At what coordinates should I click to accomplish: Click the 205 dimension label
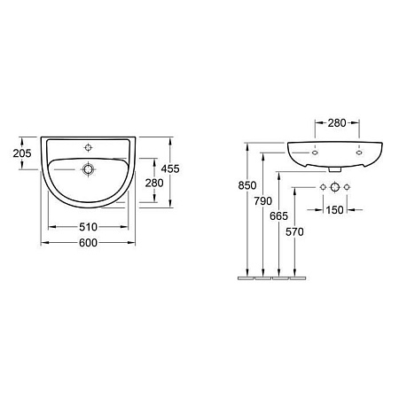point(22,153)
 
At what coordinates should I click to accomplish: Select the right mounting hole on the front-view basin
point(358,152)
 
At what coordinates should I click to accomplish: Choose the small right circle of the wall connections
point(347,187)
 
